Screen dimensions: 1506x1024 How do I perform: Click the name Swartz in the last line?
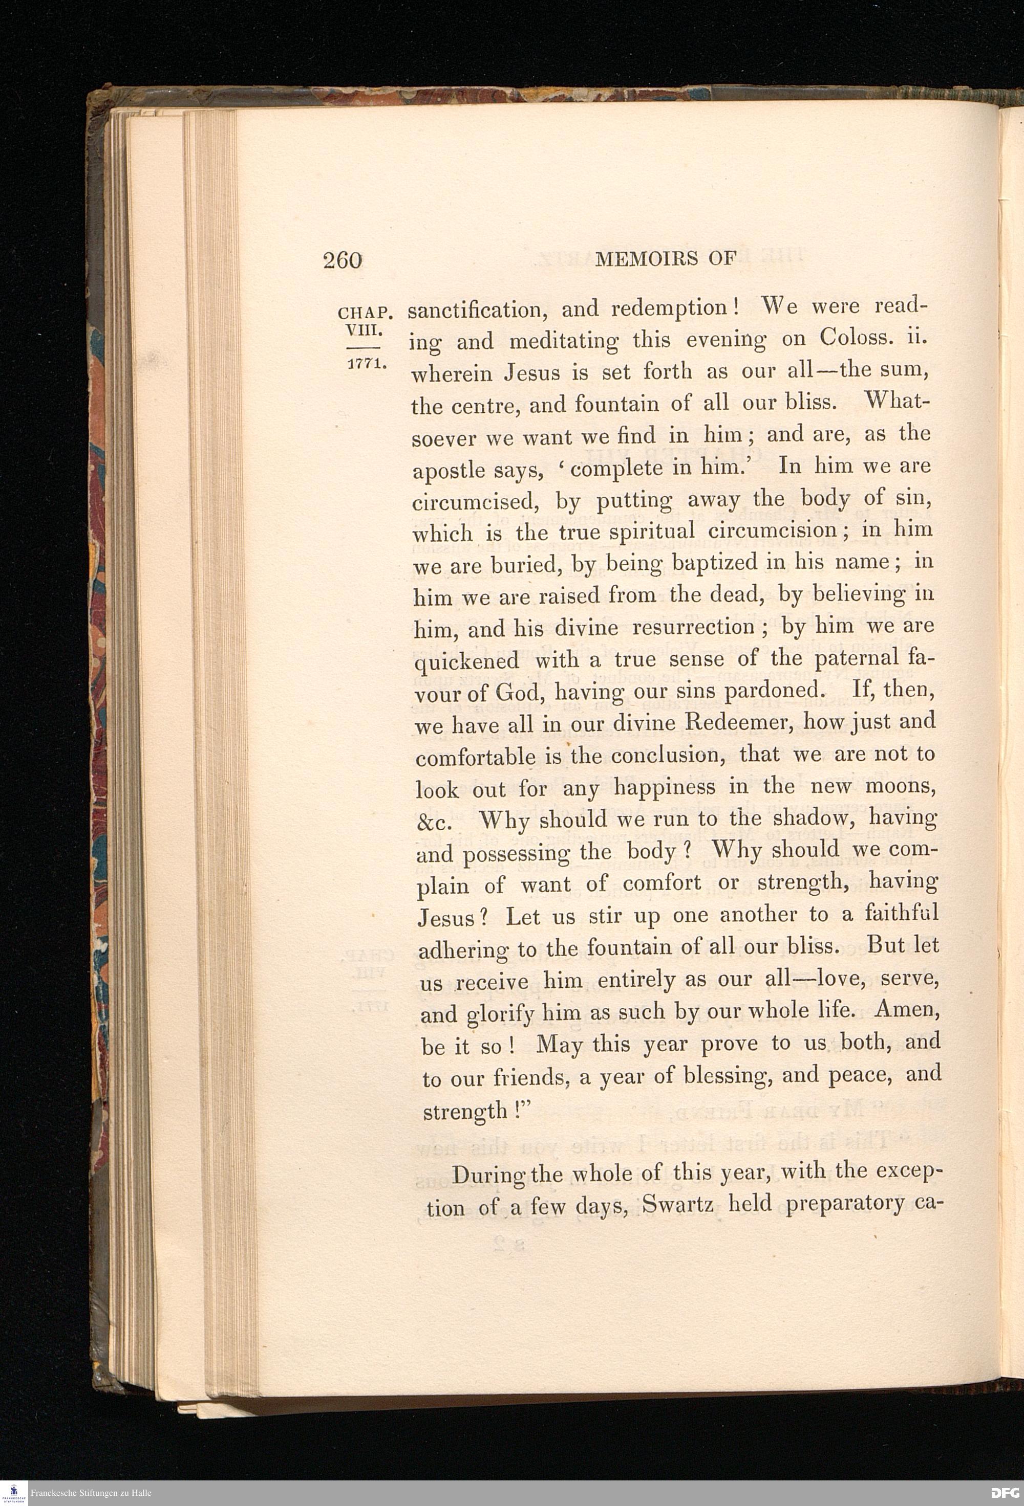point(678,1205)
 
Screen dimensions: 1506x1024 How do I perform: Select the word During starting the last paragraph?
point(485,1174)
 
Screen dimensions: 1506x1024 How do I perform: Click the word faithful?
point(902,914)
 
